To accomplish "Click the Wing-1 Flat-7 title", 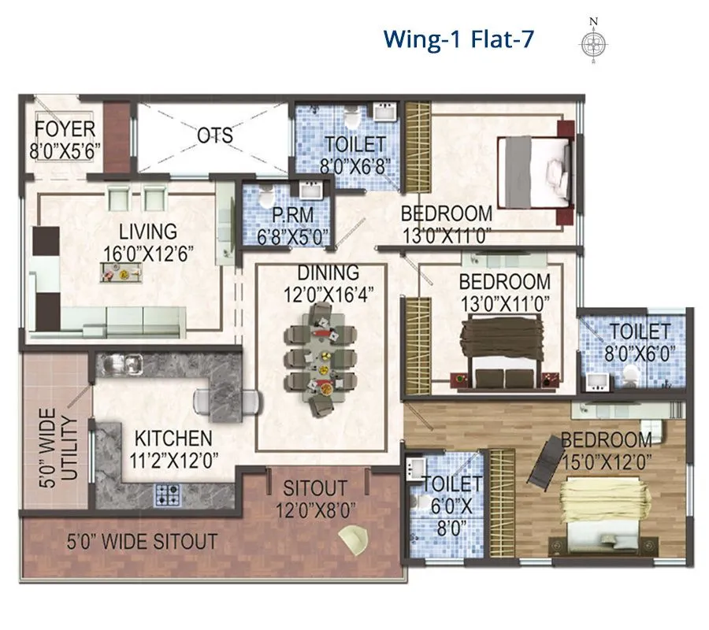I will pos(458,38).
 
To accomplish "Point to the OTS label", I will pos(214,135).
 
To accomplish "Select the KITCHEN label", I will pos(172,438).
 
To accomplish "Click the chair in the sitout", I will pos(352,541).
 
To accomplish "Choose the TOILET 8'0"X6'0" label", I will pos(640,343).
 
